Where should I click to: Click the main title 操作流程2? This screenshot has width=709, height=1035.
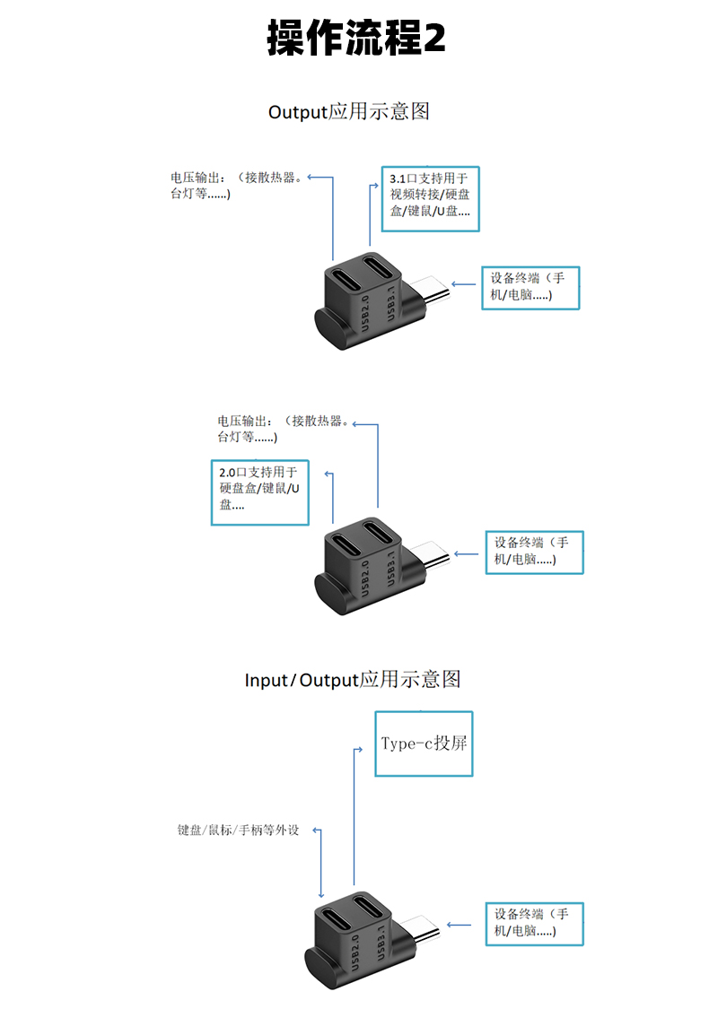coord(356,39)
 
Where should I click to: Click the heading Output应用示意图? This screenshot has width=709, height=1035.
coord(349,111)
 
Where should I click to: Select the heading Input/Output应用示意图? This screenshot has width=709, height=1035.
coord(353,679)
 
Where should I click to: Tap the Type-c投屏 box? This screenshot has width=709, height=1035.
coord(424,744)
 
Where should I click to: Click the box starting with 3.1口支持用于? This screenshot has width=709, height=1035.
coord(430,199)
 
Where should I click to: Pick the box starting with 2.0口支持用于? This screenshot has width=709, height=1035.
coord(260,492)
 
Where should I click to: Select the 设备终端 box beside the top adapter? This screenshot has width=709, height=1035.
coord(530,287)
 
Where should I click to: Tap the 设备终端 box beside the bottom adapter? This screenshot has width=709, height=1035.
coord(535,923)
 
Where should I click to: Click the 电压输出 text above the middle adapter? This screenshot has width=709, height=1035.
coord(281,429)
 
